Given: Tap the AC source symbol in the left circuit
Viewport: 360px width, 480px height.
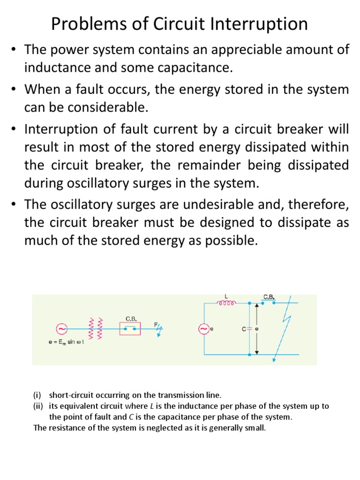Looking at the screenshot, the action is [61, 328].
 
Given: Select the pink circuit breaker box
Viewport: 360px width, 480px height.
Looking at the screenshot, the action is [130, 329].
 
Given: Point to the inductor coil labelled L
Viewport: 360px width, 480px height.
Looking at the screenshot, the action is [226, 303].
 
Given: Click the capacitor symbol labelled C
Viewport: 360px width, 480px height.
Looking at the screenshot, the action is [249, 329].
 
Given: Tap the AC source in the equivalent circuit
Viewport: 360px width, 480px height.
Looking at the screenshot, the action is [204, 329].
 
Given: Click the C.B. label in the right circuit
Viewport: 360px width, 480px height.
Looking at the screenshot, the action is [269, 297].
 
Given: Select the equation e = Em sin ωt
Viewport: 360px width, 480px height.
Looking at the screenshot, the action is [66, 343].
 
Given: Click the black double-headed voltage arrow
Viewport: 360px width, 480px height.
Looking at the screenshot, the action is [256, 329].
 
